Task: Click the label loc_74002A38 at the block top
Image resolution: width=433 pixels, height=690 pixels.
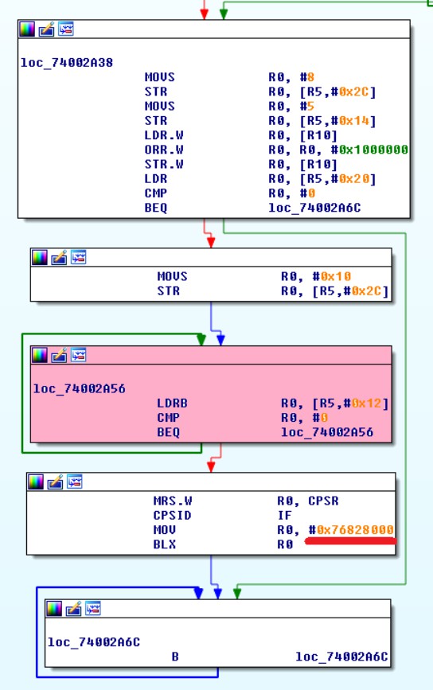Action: pyautogui.click(x=66, y=63)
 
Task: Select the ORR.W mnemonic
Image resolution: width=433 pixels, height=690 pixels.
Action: pyautogui.click(x=164, y=150)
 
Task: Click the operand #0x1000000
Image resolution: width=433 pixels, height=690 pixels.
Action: pyautogui.click(x=369, y=150)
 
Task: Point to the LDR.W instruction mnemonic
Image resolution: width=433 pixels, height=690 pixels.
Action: pyautogui.click(x=164, y=135)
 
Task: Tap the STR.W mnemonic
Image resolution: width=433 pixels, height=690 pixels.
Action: pyautogui.click(x=164, y=164)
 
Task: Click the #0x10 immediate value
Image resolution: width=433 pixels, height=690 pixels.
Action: pyautogui.click(x=332, y=276)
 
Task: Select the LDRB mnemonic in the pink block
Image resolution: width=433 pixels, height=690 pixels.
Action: pyautogui.click(x=172, y=403)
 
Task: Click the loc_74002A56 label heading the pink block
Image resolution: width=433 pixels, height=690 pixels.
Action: pyautogui.click(x=80, y=388)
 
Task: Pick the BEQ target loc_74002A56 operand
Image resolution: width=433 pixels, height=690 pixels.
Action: pyautogui.click(x=327, y=432)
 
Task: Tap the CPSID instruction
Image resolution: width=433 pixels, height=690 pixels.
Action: pyautogui.click(x=172, y=515)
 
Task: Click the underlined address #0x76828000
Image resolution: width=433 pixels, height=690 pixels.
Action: pyautogui.click(x=351, y=530)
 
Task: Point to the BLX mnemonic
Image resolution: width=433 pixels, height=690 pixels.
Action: pyautogui.click(x=164, y=544)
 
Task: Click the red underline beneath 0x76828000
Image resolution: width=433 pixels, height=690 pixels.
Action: pyautogui.click(x=351, y=541)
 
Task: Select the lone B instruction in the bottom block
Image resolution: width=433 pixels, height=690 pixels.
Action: pyautogui.click(x=175, y=657)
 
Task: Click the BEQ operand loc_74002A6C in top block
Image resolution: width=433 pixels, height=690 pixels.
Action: pyautogui.click(x=314, y=208)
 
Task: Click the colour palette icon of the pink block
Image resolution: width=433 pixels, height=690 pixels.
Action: pyautogui.click(x=40, y=355)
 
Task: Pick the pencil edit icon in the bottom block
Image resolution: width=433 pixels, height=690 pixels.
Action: pyautogui.click(x=73, y=609)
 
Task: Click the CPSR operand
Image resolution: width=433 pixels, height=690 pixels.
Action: pyautogui.click(x=323, y=501)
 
